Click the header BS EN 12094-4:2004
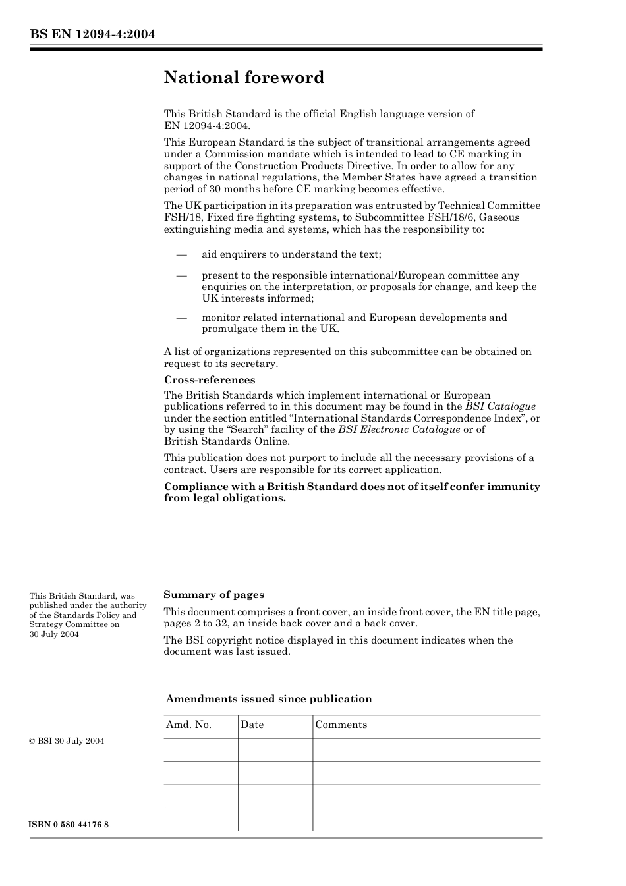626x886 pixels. pos(92,34)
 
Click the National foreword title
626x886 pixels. pos(244,78)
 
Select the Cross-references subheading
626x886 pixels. pos(209,380)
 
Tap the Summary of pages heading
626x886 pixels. pos(213,595)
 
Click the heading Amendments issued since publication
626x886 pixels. pos(268,699)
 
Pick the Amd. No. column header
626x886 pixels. pos(188,725)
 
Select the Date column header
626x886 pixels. pos(252,725)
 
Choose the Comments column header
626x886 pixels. pos(341,725)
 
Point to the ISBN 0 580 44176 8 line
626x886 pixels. pos(69,825)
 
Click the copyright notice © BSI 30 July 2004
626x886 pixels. pos(67,741)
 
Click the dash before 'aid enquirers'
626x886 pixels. pos(181,255)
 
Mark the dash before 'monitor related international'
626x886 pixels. pos(181,318)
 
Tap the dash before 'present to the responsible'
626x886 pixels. pos(181,276)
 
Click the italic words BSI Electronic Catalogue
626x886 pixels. pos(399,429)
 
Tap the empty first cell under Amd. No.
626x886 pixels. pos(200,750)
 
